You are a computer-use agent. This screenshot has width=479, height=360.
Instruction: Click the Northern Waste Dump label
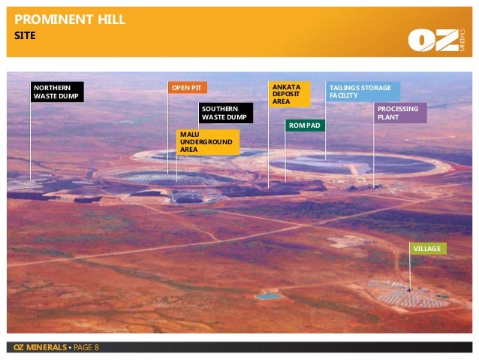tap(56, 92)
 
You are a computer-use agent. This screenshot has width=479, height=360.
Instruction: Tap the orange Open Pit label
tap(186, 88)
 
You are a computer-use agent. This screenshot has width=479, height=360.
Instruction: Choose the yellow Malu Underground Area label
tap(206, 141)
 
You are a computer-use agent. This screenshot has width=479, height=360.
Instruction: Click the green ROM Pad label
tap(305, 125)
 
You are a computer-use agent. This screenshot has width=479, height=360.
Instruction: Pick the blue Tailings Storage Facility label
tap(362, 92)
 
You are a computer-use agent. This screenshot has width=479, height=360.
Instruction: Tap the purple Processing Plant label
tap(401, 113)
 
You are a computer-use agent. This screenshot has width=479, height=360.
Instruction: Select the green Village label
tap(427, 248)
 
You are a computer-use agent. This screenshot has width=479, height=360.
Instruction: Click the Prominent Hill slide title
tap(71, 19)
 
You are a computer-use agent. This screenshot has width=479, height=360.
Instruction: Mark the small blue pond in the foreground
tap(268, 296)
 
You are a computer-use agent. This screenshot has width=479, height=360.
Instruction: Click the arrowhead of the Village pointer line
tap(410, 289)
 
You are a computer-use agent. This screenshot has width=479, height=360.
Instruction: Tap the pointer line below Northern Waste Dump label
tap(31, 143)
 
